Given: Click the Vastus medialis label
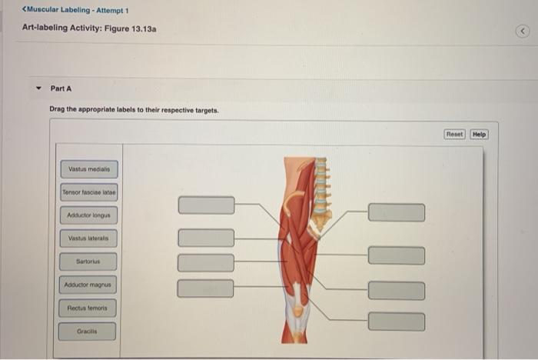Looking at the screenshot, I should point(88,168).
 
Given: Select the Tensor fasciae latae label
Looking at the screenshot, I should point(88,192).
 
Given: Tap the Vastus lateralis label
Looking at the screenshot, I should point(88,238).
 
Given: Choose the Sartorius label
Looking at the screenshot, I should point(88,262).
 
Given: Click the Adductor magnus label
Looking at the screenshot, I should point(88,285).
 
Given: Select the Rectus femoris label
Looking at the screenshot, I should point(88,308).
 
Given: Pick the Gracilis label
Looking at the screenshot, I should point(88,332).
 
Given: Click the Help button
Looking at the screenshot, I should point(480,135).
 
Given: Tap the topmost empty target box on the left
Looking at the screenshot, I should point(206,205).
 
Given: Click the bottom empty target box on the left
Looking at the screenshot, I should point(206,288).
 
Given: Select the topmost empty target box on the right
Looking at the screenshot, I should point(396,212).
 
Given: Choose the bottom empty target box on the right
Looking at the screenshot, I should point(396,322).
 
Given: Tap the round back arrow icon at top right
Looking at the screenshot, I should point(523,31).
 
